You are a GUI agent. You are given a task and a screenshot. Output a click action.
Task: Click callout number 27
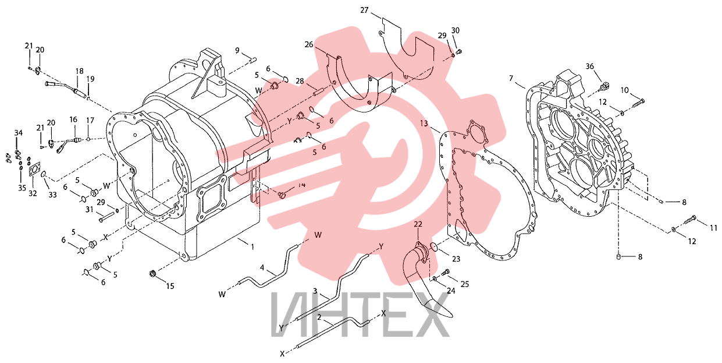click(364, 10)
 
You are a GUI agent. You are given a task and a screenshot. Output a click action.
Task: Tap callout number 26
click(309, 44)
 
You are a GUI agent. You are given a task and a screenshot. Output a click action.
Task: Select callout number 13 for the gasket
click(424, 124)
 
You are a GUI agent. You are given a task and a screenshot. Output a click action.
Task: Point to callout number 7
click(511, 79)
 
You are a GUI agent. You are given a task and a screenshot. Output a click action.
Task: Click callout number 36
click(589, 66)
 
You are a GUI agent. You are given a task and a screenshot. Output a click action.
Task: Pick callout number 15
click(170, 286)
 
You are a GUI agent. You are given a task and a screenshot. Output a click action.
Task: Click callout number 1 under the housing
click(252, 247)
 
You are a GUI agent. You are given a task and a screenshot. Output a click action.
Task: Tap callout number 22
click(418, 224)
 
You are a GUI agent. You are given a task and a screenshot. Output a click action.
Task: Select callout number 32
click(33, 193)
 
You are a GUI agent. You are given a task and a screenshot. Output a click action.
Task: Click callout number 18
click(79, 71)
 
